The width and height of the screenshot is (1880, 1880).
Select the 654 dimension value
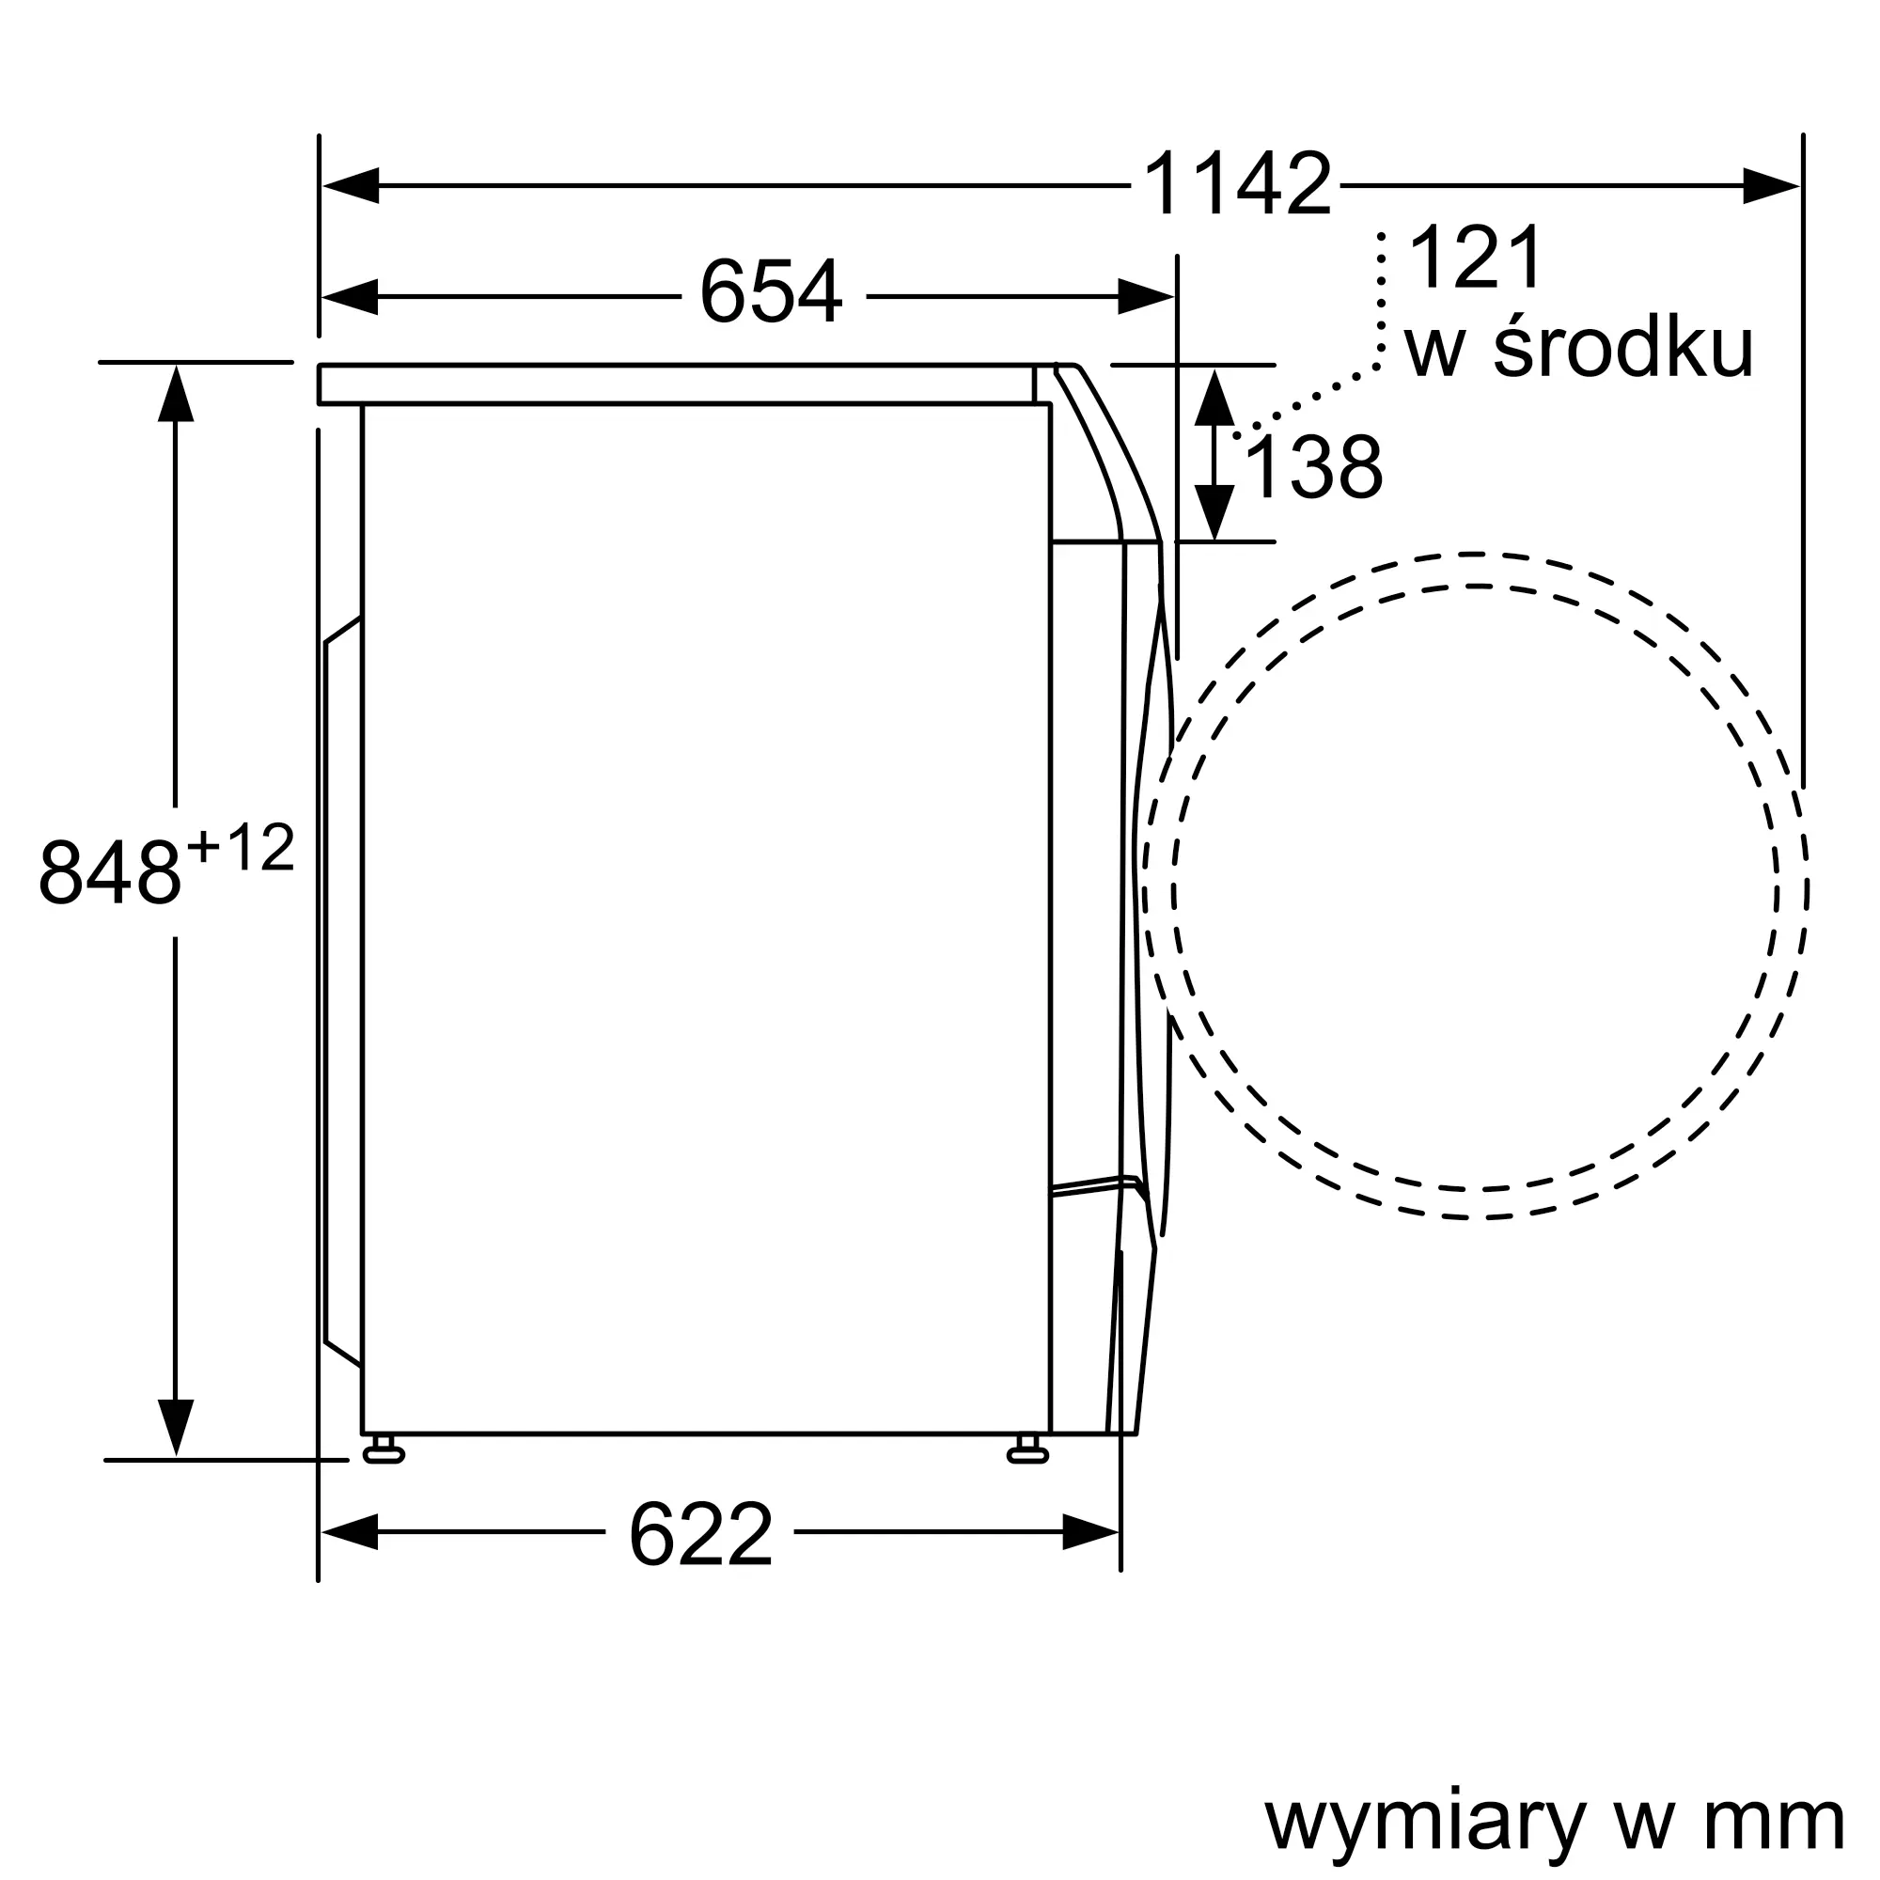click(771, 292)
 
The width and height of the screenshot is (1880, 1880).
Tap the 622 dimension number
click(700, 1535)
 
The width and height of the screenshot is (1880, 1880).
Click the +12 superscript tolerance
click(241, 849)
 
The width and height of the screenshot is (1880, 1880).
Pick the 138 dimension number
click(1312, 469)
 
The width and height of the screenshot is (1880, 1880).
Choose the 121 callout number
click(1475, 258)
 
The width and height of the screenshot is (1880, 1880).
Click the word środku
click(1623, 349)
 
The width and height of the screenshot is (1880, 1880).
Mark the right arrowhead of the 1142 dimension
click(1770, 185)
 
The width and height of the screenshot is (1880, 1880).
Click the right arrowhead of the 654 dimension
click(1146, 296)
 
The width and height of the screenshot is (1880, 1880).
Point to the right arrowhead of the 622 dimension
click(1090, 1531)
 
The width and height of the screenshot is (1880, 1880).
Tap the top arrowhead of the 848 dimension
click(175, 393)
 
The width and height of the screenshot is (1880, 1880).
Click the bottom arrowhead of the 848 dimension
click(175, 1428)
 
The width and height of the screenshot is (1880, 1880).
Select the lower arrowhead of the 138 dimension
click(1214, 512)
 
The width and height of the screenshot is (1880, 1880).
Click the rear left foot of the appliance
click(384, 1454)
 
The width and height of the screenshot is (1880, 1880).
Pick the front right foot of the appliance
click(1027, 1454)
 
